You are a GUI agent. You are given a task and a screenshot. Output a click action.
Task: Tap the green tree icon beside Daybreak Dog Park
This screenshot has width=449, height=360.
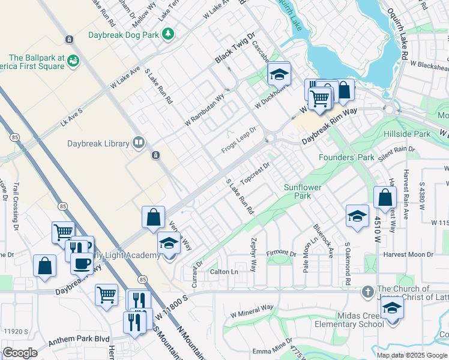pos(170,33)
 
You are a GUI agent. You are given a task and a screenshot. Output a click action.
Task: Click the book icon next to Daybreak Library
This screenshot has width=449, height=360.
pos(139,142)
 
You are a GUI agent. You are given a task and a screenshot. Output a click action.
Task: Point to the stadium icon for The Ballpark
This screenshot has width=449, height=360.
pos(73,60)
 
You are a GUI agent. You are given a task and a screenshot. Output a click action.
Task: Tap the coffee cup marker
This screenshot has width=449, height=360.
pos(82,263)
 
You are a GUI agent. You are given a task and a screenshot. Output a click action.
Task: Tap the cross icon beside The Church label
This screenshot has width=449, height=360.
pos(367,292)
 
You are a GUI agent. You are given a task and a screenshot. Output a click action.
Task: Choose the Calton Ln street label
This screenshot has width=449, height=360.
pos(224,272)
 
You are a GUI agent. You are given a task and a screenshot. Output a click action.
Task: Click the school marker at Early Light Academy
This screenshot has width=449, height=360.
pos(169,244)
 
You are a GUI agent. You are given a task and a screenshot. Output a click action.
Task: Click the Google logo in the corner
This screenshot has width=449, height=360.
pos(20,352)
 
